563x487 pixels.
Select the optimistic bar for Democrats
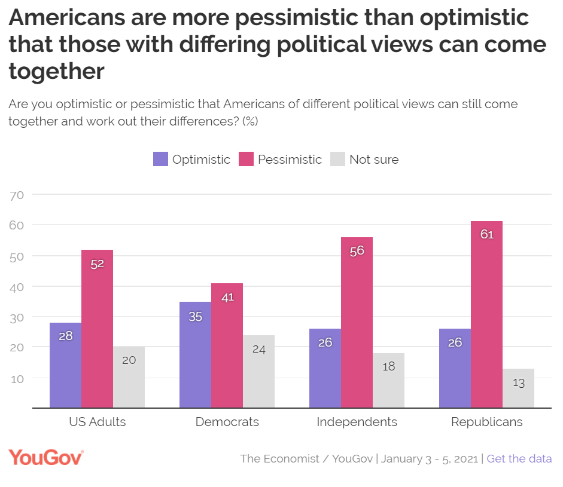pyautogui.click(x=195, y=355)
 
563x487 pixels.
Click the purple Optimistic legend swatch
pyautogui.click(x=160, y=159)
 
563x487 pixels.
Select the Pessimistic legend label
pyautogui.click(x=290, y=160)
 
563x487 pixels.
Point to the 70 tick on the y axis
pyautogui.click(x=16, y=195)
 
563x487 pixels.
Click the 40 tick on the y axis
pyautogui.click(x=16, y=287)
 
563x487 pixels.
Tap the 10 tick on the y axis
pyautogui.click(x=16, y=378)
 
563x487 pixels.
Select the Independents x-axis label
pyautogui.click(x=357, y=422)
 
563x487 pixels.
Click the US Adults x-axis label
pyautogui.click(x=98, y=422)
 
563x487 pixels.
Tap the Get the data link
pyautogui.click(x=519, y=459)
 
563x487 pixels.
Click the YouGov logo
pyautogui.click(x=46, y=458)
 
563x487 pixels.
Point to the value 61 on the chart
pyautogui.click(x=486, y=234)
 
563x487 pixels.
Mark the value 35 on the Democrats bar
pyautogui.click(x=195, y=317)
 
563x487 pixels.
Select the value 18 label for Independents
pyautogui.click(x=388, y=366)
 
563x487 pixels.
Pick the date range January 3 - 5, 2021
pyautogui.click(x=429, y=459)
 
